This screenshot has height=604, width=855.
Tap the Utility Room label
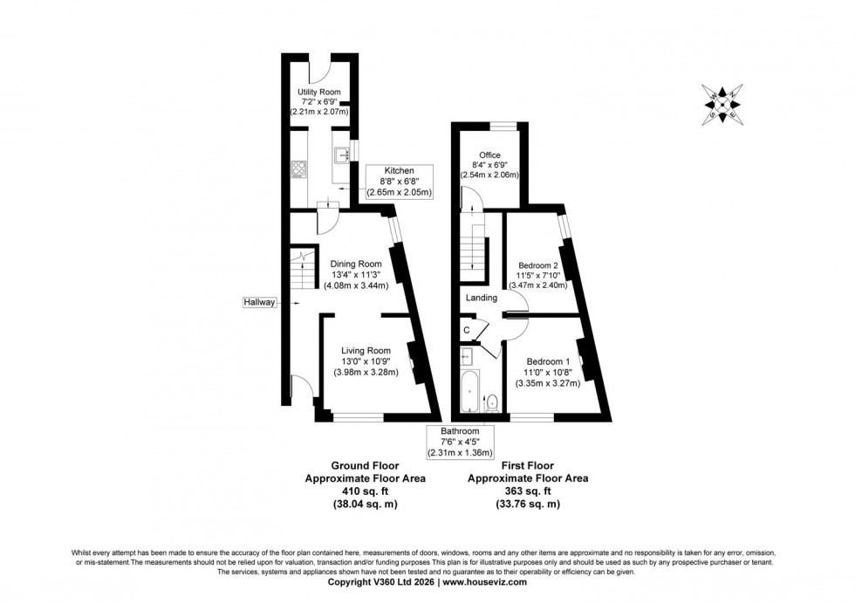(x=318, y=92)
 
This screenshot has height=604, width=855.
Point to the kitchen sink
(x=339, y=155)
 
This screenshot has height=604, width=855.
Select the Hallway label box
(x=260, y=302)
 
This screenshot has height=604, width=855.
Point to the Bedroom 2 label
(x=537, y=264)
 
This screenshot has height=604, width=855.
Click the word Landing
(x=481, y=298)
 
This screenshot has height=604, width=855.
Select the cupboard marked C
(x=467, y=330)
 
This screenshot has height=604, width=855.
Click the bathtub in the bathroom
(x=469, y=392)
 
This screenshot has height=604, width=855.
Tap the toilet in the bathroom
(x=492, y=402)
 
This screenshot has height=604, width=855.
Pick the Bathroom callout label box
(x=460, y=442)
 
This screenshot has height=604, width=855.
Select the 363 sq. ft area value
(x=528, y=491)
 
